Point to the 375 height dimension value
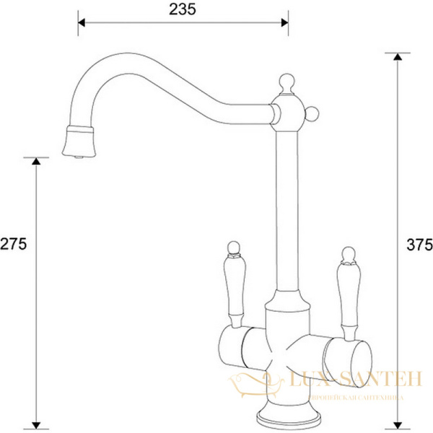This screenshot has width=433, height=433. tap(419, 244)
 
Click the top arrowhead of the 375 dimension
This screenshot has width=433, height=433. tap(395, 58)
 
